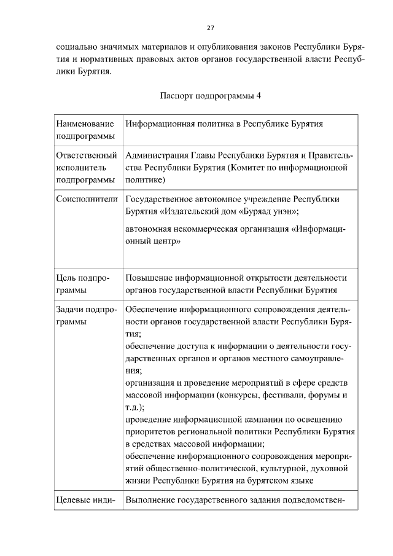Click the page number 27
210,28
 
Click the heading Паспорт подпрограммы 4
210,96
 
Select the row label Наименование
80,123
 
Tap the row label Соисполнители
86,199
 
